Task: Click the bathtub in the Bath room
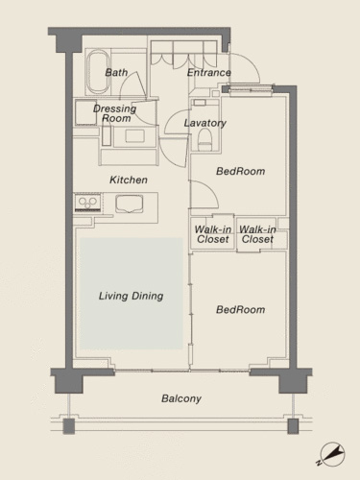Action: (x=98, y=72)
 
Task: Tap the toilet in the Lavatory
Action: (x=205, y=140)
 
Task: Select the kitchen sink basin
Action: (x=130, y=204)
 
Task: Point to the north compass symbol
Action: (x=333, y=454)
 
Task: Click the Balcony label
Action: (x=181, y=398)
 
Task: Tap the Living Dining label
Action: (x=131, y=296)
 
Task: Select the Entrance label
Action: (x=209, y=73)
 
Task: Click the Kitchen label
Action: (x=129, y=180)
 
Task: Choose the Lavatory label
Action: (x=205, y=123)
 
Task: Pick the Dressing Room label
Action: (x=115, y=113)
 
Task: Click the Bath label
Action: (x=116, y=72)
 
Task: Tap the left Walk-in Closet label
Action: (x=213, y=234)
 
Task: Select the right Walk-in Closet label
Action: (x=257, y=234)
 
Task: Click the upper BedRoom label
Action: (x=241, y=171)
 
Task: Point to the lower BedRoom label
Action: (x=241, y=309)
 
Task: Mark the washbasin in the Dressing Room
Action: (x=134, y=136)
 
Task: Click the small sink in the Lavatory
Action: (x=200, y=103)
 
